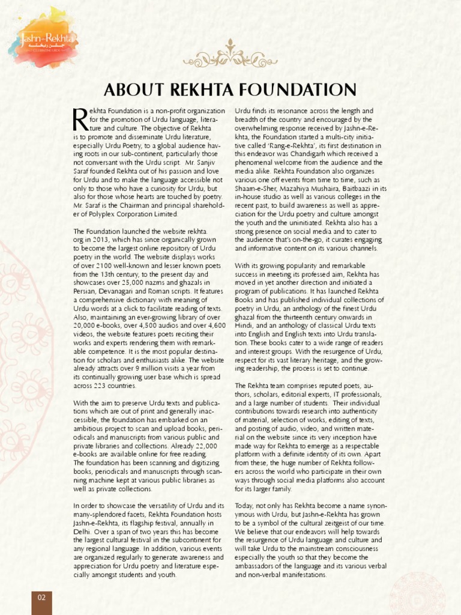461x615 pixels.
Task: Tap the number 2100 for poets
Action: (x=104, y=265)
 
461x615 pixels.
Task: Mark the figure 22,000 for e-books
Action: (x=204, y=446)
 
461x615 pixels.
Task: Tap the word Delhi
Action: (x=82, y=532)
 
